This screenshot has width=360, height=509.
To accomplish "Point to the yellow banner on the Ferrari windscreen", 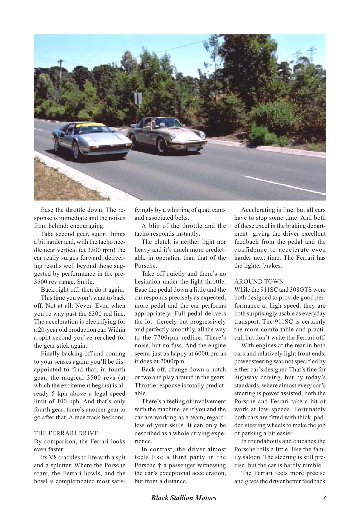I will pyautogui.click(x=91, y=125).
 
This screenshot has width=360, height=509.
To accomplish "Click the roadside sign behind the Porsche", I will pyautogui.click(x=138, y=99).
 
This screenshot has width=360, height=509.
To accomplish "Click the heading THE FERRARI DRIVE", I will pyautogui.click(x=66, y=433).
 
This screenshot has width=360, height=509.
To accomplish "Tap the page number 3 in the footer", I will pyautogui.click(x=324, y=498).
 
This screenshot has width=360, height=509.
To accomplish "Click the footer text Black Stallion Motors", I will pyautogui.click(x=184, y=498).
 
